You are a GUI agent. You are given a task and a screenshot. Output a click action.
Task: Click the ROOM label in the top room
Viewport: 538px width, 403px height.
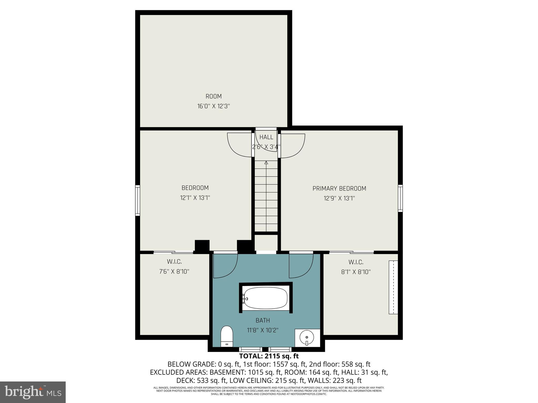pyautogui.click(x=214, y=96)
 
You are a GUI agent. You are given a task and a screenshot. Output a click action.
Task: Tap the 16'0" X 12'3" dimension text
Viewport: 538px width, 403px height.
pyautogui.click(x=214, y=106)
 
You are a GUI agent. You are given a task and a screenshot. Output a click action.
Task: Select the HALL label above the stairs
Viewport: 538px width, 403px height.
pyautogui.click(x=266, y=137)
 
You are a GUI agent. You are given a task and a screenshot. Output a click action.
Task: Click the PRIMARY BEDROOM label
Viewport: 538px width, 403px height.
pyautogui.click(x=339, y=188)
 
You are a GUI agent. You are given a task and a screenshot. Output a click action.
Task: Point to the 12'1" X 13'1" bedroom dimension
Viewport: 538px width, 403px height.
pyautogui.click(x=195, y=198)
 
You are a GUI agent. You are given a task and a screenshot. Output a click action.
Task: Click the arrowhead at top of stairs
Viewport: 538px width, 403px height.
pyautogui.click(x=266, y=163)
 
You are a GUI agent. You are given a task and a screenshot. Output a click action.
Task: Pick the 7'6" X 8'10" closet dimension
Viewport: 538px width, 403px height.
pyautogui.click(x=174, y=272)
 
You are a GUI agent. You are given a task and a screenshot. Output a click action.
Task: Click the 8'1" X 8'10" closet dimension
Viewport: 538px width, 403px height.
pyautogui.click(x=356, y=272)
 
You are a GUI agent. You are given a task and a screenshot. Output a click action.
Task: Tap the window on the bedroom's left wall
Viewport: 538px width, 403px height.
pyautogui.click(x=138, y=200)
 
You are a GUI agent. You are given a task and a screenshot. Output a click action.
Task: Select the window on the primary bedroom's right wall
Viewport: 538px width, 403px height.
pyautogui.click(x=400, y=198)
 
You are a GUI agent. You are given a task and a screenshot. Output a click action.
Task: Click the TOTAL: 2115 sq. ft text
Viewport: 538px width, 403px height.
pyautogui.click(x=269, y=356)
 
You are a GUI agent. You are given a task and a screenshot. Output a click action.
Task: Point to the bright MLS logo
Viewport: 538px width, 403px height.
pyautogui.click(x=33, y=392)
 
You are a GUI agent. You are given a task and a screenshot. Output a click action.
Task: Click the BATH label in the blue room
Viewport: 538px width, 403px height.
pyautogui.click(x=263, y=320)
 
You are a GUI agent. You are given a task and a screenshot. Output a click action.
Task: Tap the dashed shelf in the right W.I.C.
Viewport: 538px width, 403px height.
pyautogui.click(x=393, y=287)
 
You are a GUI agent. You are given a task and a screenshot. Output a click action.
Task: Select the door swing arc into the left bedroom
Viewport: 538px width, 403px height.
pyautogui.click(x=238, y=146)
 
